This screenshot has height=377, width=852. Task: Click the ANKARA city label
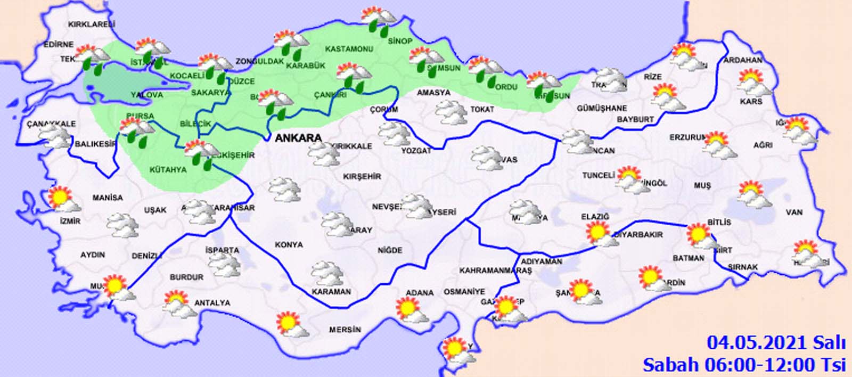pos(298,138)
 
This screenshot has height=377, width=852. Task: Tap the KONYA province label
pos(289,245)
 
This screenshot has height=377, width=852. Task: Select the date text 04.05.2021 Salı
pos(776,342)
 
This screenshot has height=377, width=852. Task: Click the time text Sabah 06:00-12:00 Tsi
pos(744,365)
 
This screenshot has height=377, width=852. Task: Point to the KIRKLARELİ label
pos(92,24)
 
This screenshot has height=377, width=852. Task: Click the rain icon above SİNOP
pos(379,20)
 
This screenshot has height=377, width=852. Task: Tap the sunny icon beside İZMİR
pos(63,200)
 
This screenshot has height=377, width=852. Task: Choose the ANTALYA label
pos(212,303)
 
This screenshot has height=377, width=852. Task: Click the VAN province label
pos(794,212)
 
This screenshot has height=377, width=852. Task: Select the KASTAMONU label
pos(349,49)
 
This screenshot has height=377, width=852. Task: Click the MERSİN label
pos(345,330)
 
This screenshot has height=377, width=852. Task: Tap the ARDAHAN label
pos(742,60)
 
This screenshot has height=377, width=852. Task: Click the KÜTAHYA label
pos(168,170)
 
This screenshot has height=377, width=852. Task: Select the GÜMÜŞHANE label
pos(602,108)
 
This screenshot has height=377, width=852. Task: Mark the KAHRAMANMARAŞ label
pos(495,271)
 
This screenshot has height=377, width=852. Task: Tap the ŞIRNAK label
pos(742,267)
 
